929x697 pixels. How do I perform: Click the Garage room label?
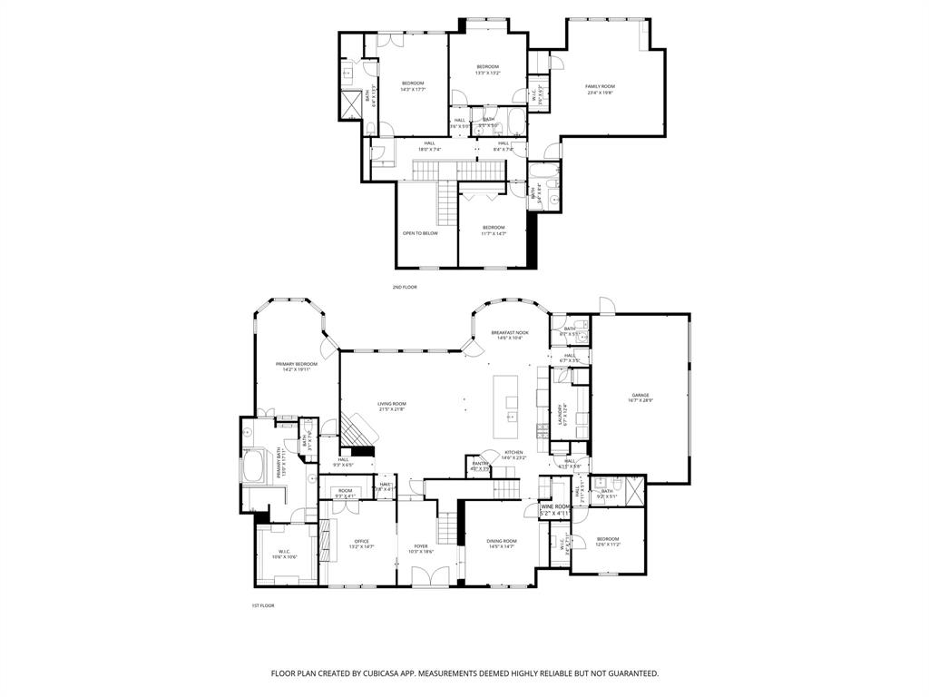pyautogui.click(x=641, y=396)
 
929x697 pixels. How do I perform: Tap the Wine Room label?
pyautogui.click(x=555, y=507)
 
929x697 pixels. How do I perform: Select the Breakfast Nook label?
pyautogui.click(x=510, y=333)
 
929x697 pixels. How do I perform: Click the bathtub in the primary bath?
pyautogui.click(x=253, y=469)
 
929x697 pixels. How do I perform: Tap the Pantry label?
pyautogui.click(x=478, y=465)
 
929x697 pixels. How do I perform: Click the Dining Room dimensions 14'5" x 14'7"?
pyautogui.click(x=502, y=546)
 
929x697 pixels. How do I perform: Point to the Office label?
pyautogui.click(x=361, y=541)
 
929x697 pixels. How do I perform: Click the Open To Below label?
pyautogui.click(x=420, y=233)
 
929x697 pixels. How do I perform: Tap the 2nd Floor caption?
pyautogui.click(x=404, y=287)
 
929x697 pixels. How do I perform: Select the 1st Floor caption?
pyautogui.click(x=262, y=605)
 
